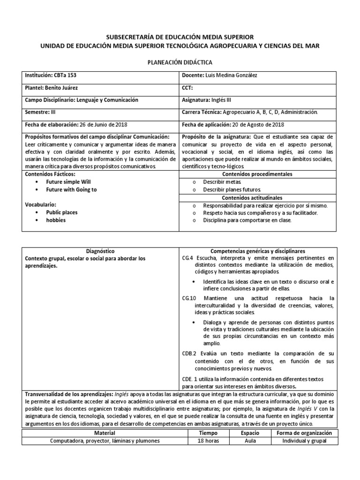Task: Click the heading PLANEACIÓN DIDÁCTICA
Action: point(180,62)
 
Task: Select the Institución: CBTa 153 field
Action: point(50,75)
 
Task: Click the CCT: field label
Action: point(187,88)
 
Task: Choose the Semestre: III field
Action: point(39,112)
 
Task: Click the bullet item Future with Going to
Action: point(71,189)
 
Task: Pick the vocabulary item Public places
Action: point(62,212)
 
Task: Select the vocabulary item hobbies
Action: point(56,220)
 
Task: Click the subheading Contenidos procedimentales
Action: point(258,174)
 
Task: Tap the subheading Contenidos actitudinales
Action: point(258,197)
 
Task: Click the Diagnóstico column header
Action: point(101,251)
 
